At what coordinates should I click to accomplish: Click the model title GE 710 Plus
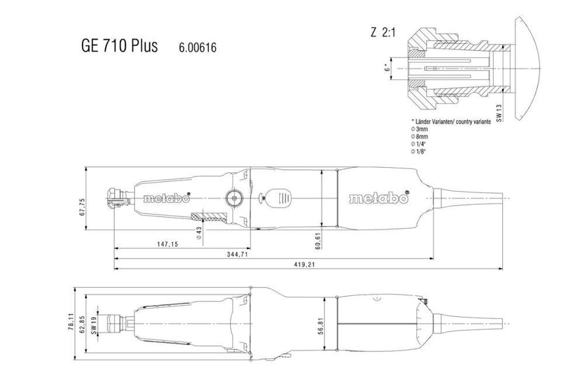coord(119,46)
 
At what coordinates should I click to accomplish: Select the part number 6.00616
coord(197,48)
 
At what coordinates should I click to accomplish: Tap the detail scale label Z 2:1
coord(383,33)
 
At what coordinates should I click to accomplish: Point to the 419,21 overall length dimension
coord(304,265)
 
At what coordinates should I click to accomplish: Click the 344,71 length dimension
coord(238,254)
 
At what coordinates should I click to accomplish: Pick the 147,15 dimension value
coord(168,244)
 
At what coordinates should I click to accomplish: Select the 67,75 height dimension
coord(82,207)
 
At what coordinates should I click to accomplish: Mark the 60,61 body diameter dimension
coord(317,241)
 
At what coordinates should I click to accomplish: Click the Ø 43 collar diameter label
coord(199,233)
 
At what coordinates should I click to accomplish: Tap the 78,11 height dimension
coord(72,322)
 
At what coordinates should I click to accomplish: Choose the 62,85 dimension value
coord(83,325)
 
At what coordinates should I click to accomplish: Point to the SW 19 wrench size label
coord(94,325)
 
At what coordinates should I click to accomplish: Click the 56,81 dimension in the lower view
coord(321,326)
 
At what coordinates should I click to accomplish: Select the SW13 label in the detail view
coord(499,113)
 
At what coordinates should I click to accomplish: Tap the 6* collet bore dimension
coord(387,68)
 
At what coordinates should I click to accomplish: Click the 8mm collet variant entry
coord(419,137)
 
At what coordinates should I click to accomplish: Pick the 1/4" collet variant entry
coord(418,144)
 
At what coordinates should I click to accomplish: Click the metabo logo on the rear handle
coord(379,198)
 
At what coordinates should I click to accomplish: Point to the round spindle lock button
coord(234,198)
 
